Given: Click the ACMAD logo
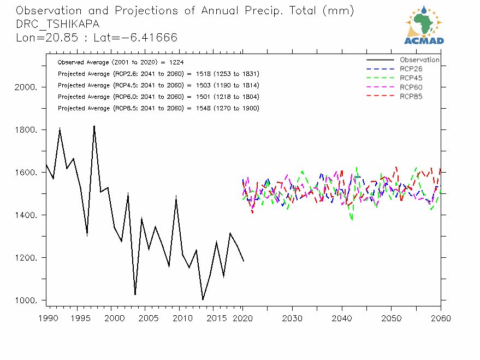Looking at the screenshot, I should coord(424,25).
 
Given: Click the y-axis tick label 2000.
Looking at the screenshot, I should coord(26,87).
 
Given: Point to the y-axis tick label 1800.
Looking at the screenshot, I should coord(26,130).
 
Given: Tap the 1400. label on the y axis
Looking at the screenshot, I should coord(26,215).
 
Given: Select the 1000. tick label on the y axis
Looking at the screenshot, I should coord(26,300).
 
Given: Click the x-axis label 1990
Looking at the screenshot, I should coord(46,318).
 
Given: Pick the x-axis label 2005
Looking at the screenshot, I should coord(145,318).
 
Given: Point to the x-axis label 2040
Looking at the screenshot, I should coord(342,318).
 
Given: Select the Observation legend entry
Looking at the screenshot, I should coord(419,60).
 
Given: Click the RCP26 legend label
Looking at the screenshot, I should coord(411,69).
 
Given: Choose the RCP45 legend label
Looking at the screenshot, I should coord(411,78).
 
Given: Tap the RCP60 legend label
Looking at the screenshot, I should coord(411,87).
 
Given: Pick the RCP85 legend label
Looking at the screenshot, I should coord(411,97).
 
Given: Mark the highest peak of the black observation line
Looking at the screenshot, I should coord(94,126).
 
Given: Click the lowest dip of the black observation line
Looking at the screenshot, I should coord(203,300).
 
